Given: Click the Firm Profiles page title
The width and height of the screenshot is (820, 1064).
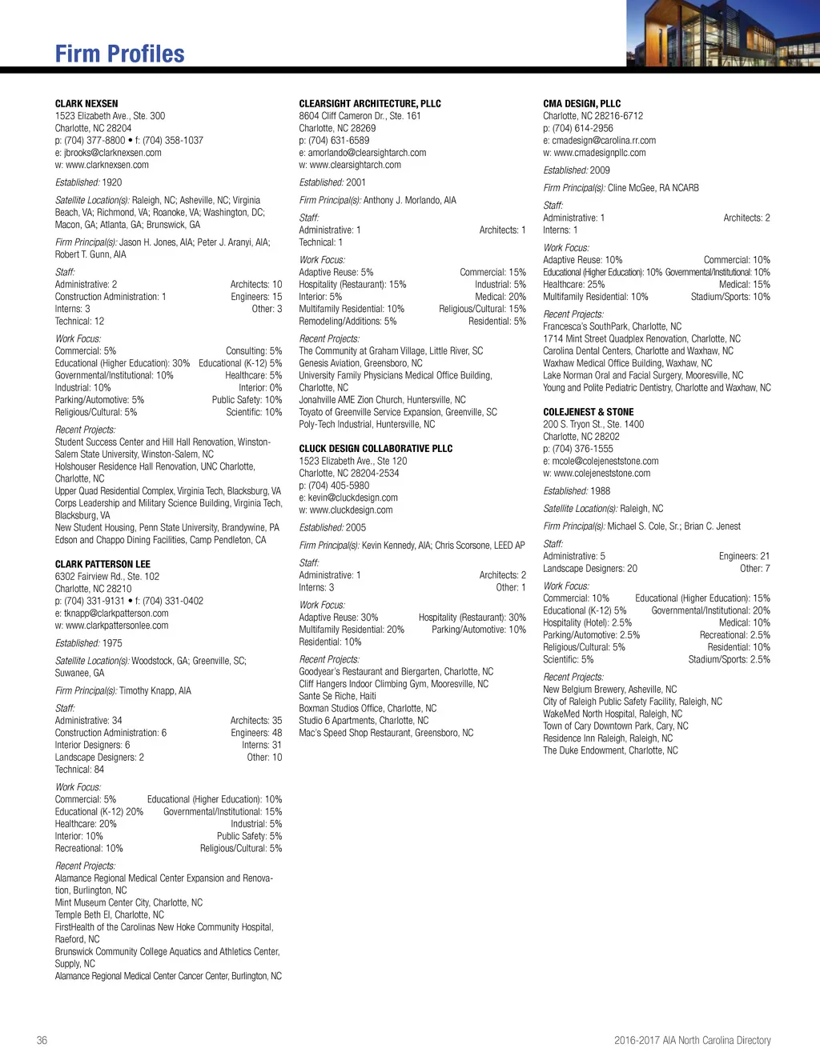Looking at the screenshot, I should coord(119,54).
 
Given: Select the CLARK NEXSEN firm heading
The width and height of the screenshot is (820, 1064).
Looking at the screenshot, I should coord(86,104).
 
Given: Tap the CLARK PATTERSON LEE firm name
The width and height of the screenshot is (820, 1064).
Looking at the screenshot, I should coord(102,564).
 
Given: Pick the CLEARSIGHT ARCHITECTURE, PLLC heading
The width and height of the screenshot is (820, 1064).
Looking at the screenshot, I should coord(370,104).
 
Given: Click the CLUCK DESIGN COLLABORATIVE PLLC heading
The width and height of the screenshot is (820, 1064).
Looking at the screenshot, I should coord(376,449).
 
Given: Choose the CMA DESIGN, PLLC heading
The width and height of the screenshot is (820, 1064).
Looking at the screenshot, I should coord(581,104).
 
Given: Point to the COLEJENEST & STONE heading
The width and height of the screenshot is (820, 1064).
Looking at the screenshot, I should coord(588,412).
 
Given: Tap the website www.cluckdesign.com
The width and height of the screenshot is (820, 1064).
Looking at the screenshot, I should coord(351,510).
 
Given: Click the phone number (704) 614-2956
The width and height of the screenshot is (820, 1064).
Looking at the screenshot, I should coord(582,128).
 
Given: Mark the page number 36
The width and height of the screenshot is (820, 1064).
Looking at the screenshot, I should coord(42,1040).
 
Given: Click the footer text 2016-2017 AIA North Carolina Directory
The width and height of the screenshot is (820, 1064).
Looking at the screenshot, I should coord(692,1040).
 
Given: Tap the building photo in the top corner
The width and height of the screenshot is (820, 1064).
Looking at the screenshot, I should coord(722,34).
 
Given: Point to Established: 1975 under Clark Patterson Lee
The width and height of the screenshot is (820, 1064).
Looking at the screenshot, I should coord(89,643).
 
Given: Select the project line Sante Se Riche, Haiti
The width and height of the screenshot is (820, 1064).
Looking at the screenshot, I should coord(337,696).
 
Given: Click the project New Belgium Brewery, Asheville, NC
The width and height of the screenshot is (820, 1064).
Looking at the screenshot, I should coord(609,690).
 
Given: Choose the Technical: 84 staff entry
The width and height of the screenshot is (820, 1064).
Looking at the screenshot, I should coord(79,770).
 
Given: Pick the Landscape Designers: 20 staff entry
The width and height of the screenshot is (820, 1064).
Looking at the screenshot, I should coord(590,569).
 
